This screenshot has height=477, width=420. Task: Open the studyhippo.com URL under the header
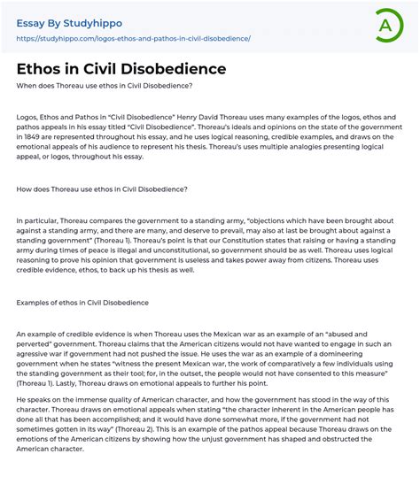click(x=133, y=39)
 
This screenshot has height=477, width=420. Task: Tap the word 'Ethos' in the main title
click(x=42, y=68)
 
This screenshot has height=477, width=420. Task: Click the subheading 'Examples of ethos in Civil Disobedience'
click(x=82, y=303)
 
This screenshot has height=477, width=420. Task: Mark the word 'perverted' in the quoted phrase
click(x=36, y=342)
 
